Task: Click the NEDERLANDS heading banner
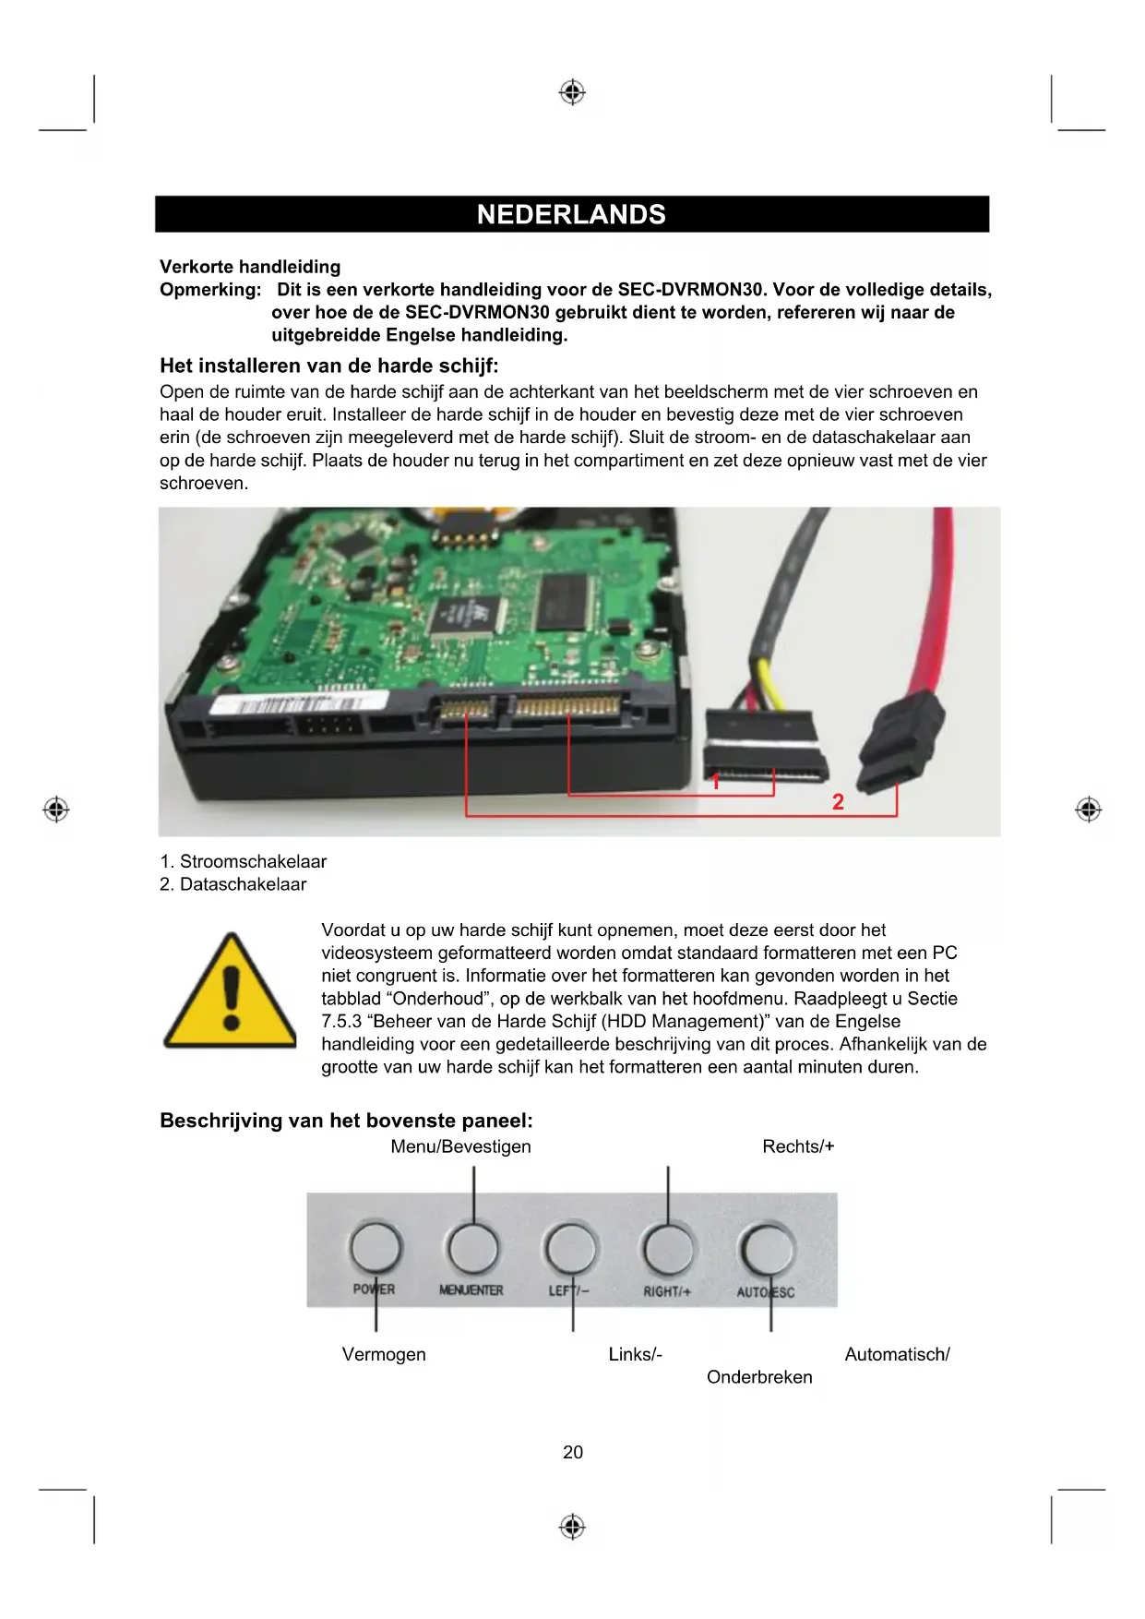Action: (x=571, y=214)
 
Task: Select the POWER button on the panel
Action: (x=376, y=1247)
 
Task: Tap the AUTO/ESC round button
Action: (x=767, y=1249)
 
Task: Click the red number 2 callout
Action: (x=838, y=801)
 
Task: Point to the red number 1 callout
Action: (x=715, y=781)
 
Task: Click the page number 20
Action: (x=572, y=1452)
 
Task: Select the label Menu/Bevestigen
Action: (x=460, y=1146)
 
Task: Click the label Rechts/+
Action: (x=798, y=1146)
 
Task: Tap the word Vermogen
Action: (x=384, y=1354)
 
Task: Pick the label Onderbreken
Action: (x=759, y=1377)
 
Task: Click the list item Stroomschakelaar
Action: (x=244, y=861)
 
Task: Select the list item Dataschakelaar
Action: (x=233, y=884)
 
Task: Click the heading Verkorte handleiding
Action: (x=250, y=267)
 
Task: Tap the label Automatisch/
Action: (x=897, y=1354)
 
